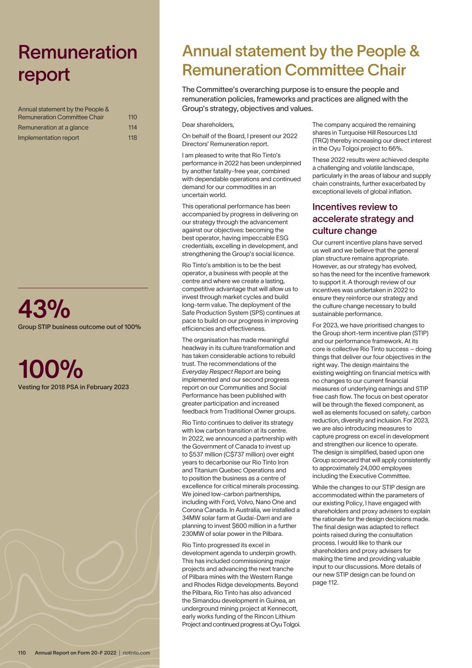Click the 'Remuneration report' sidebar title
point(77,63)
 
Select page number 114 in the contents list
point(133,128)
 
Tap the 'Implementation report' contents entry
point(48,138)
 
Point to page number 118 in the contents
point(133,138)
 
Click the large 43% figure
point(44,309)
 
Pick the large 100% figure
point(50,369)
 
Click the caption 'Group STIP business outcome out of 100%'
point(79,327)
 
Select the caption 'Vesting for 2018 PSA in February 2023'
point(73,387)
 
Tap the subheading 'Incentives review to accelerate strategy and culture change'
point(363,219)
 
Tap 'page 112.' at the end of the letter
point(325,582)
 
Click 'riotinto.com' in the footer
point(136,653)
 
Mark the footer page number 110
point(22,653)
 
